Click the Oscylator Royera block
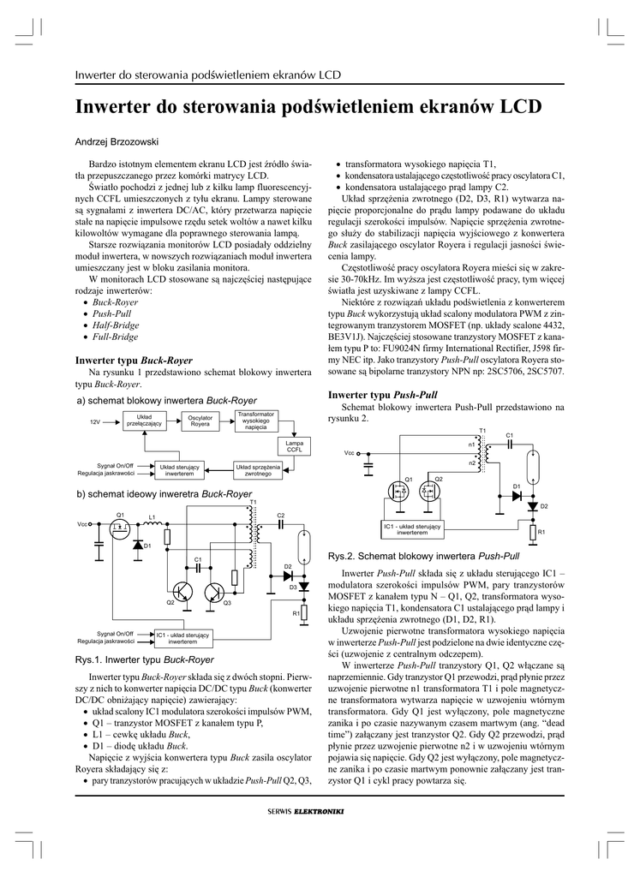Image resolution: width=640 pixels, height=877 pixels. [200, 421]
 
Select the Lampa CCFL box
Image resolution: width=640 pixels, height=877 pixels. [294, 445]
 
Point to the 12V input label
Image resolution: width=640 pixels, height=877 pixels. [96, 422]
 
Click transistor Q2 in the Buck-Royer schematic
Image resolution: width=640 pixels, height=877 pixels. [181, 592]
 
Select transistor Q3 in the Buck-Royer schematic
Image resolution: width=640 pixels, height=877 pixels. [215, 593]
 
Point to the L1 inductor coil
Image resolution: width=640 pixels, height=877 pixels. [152, 523]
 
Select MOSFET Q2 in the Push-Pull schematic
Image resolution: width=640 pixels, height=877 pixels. [429, 492]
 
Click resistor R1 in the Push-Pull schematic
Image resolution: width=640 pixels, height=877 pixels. [532, 534]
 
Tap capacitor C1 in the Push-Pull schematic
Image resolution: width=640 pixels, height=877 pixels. [509, 443]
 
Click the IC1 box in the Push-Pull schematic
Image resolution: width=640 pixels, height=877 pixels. [412, 528]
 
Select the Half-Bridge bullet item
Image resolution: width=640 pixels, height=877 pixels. [115, 325]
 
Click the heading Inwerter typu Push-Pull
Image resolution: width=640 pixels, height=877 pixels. [383, 395]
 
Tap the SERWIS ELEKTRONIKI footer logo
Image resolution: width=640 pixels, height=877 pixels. [306, 812]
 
